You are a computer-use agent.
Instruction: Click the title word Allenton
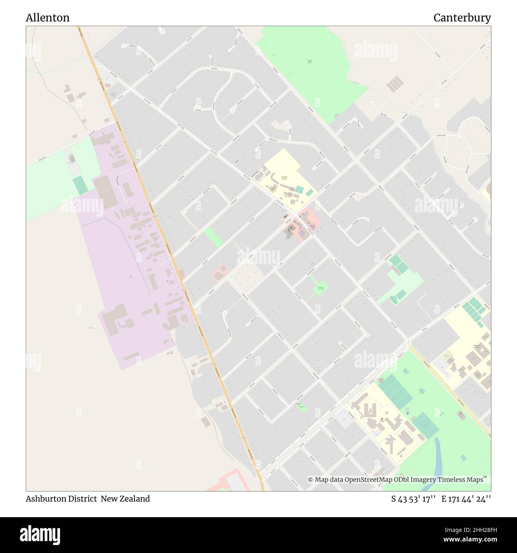coord(48,18)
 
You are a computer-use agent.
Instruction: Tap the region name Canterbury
coord(462,18)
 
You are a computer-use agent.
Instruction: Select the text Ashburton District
coord(61,499)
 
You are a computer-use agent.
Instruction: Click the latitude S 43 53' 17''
coord(414,499)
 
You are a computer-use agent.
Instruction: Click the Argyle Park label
coord(309,61)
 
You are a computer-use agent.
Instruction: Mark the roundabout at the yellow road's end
coord(408,343)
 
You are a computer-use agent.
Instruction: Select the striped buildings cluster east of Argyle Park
coord(395,84)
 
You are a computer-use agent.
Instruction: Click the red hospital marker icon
coord(382,419)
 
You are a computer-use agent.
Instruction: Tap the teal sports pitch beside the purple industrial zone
coord(81,185)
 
